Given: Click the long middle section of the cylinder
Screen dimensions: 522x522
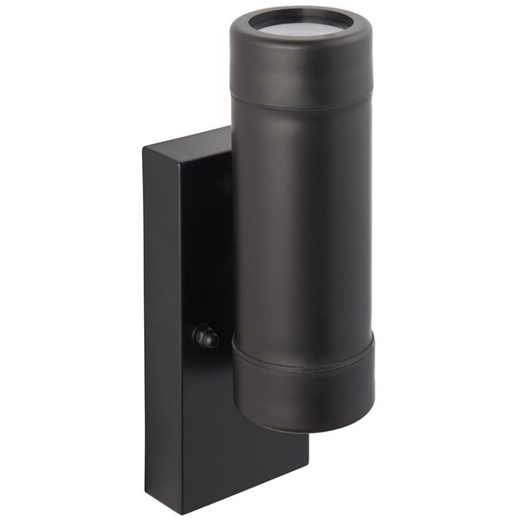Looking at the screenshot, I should tap(302, 217).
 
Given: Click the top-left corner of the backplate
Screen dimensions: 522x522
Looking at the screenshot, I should tap(144, 146).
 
